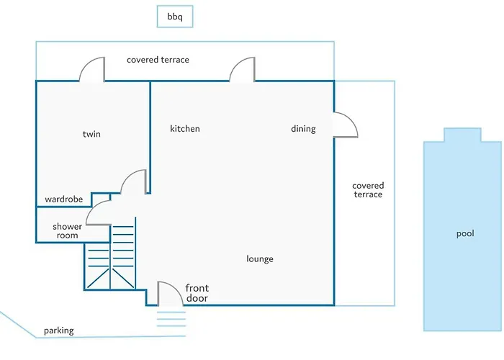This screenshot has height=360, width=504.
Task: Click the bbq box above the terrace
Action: click(175, 16)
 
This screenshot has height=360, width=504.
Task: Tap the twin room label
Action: click(91, 134)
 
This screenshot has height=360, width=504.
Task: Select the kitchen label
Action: click(185, 129)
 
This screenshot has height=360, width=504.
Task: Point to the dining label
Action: click(303, 129)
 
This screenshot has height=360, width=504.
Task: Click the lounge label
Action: click(260, 259)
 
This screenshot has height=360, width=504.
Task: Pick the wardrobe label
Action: click(64, 199)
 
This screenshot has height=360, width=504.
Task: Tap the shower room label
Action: click(67, 231)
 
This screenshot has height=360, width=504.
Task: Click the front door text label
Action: click(197, 293)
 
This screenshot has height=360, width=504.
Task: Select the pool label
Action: click(466, 234)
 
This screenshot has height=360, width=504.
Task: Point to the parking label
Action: click(58, 331)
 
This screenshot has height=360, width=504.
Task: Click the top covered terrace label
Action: click(158, 60)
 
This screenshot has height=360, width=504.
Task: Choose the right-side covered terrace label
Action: click(368, 190)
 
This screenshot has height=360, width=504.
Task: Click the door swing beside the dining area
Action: click(346, 125)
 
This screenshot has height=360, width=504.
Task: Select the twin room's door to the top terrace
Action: click(92, 71)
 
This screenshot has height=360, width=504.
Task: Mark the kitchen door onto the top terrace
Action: click(242, 71)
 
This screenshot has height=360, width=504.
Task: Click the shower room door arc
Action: click(98, 212)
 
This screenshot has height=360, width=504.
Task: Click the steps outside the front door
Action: click(171, 315)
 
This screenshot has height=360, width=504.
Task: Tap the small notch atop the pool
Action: click(462, 135)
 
